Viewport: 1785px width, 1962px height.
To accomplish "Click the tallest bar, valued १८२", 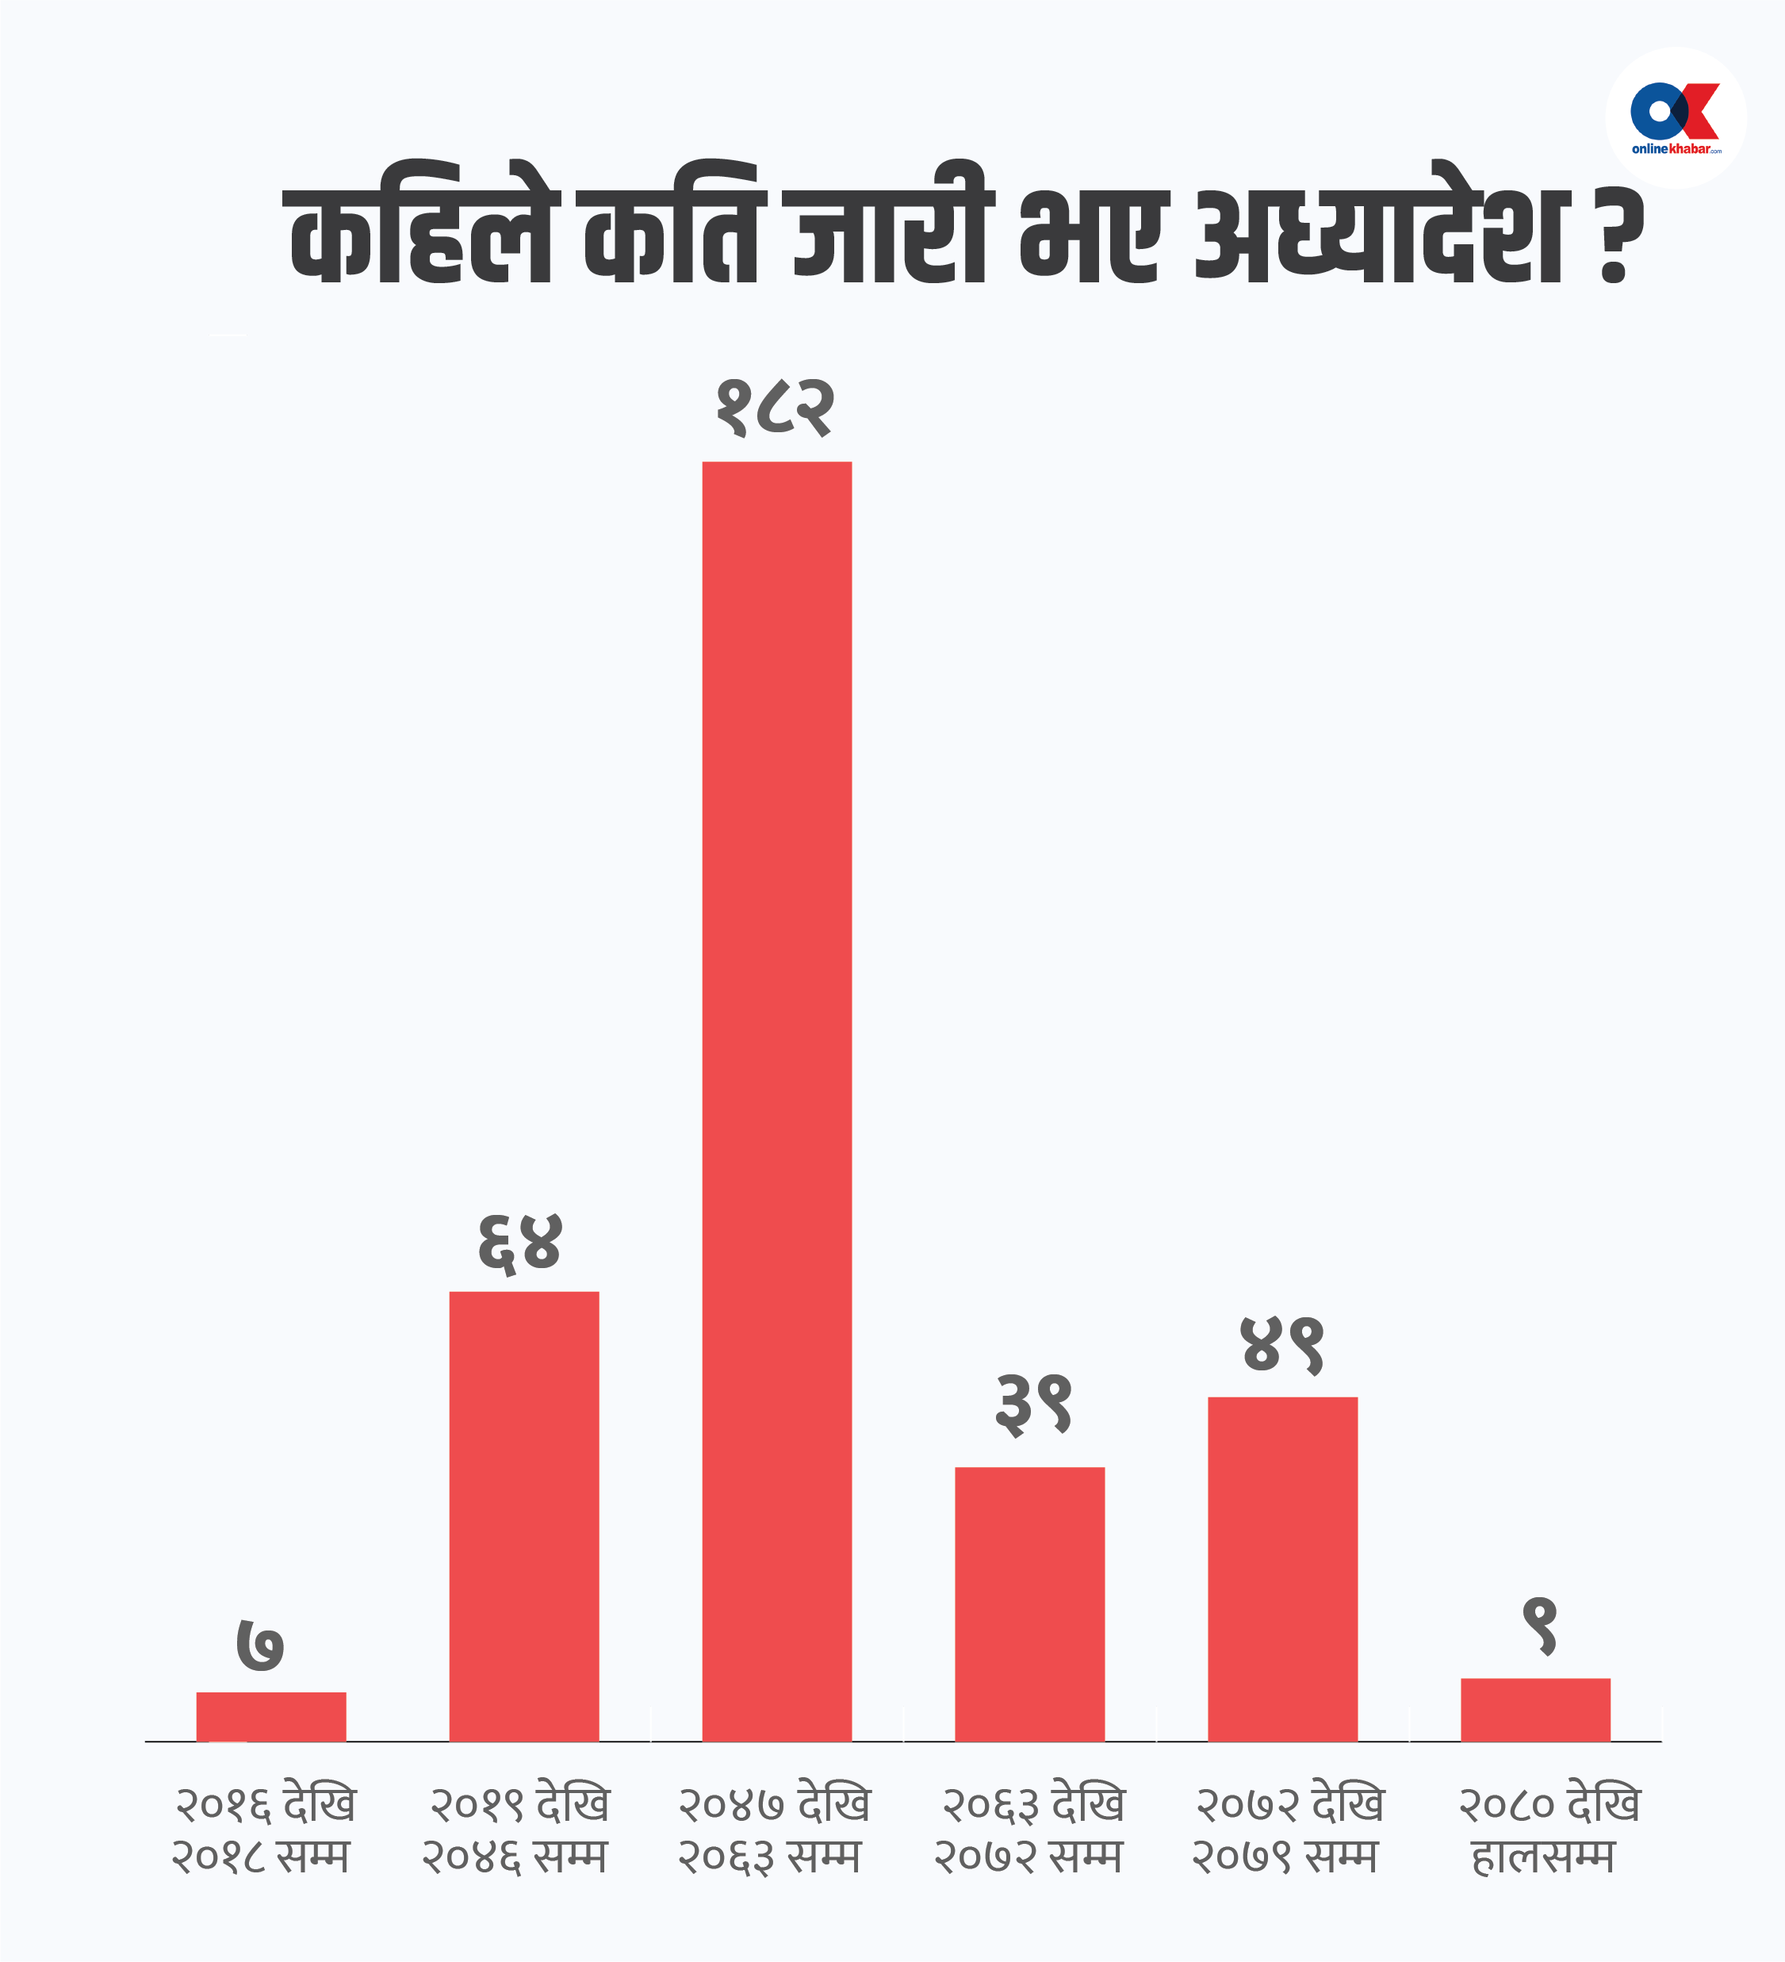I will tap(776, 1100).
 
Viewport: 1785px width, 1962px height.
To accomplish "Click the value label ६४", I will tap(519, 1243).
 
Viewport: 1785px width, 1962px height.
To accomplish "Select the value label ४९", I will tap(1283, 1346).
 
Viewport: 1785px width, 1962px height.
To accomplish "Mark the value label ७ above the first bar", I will tap(261, 1646).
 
